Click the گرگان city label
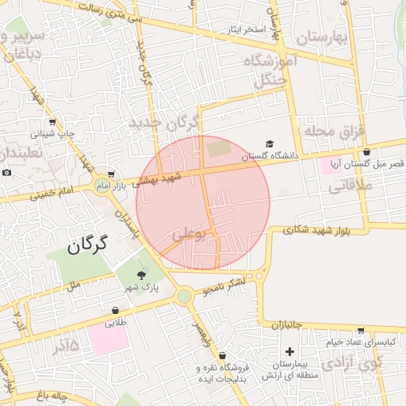(x=87, y=245)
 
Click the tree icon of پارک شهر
(x=141, y=274)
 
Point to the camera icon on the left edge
(x=6, y=173)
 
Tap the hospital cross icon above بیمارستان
(x=289, y=351)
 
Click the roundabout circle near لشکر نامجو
(x=186, y=297)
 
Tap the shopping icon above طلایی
(x=116, y=311)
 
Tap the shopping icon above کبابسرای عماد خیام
(x=361, y=330)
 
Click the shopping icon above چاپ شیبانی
(x=52, y=122)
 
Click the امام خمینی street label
(x=54, y=192)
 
